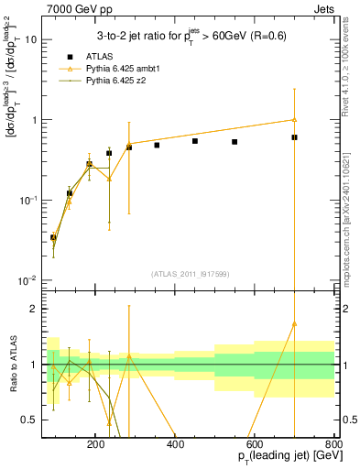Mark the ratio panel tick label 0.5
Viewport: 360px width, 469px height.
[x=30, y=420]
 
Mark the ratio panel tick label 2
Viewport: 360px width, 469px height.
[x=36, y=309]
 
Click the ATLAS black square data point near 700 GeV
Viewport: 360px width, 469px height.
[x=294, y=137]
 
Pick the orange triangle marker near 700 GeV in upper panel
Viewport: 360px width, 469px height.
[x=294, y=119]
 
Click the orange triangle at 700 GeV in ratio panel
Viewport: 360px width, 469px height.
[x=294, y=323]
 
